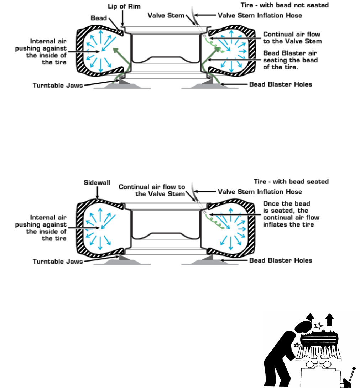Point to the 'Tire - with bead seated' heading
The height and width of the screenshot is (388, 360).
click(x=291, y=181)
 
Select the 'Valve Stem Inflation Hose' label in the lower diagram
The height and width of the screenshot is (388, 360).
click(x=260, y=192)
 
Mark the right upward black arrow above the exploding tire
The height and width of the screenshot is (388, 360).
click(x=330, y=319)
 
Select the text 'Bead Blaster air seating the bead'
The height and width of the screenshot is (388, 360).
click(x=290, y=57)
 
